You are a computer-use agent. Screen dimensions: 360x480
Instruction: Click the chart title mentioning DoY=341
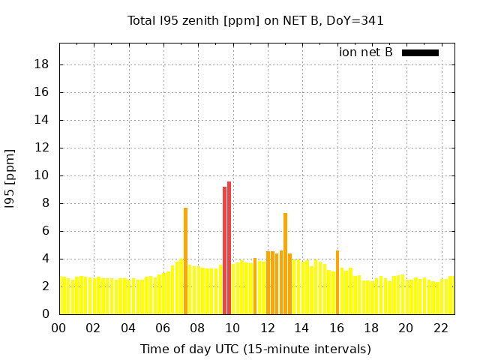pyautogui.click(x=256, y=20)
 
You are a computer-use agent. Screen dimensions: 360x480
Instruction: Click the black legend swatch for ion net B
pyautogui.click(x=420, y=52)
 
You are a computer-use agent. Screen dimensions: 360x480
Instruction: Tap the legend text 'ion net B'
pyautogui.click(x=366, y=52)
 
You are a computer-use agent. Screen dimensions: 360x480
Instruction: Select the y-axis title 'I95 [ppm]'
pyautogui.click(x=10, y=178)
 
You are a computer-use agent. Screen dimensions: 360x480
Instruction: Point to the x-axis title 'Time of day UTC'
pyautogui.click(x=256, y=349)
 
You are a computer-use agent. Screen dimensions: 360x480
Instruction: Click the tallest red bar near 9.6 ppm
pyautogui.click(x=229, y=247)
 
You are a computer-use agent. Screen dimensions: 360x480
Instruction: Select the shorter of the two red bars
pyautogui.click(x=224, y=250)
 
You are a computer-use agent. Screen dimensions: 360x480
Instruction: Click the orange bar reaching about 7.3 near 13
pyautogui.click(x=285, y=263)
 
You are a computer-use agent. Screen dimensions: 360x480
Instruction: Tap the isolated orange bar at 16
pyautogui.click(x=337, y=282)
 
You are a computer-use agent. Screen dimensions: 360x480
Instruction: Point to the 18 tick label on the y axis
pyautogui.click(x=43, y=64)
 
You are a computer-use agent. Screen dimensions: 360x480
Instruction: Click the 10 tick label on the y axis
pyautogui.click(x=43, y=175)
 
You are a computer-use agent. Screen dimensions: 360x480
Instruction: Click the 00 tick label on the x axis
pyautogui.click(x=58, y=328)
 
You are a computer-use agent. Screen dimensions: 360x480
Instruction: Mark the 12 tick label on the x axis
pyautogui.click(x=267, y=328)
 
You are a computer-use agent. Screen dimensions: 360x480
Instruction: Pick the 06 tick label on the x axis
pyautogui.click(x=163, y=328)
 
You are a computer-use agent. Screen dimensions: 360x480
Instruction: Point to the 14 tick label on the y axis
pyautogui.click(x=43, y=120)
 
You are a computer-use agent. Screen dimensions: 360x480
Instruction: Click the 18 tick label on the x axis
pyautogui.click(x=371, y=328)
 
